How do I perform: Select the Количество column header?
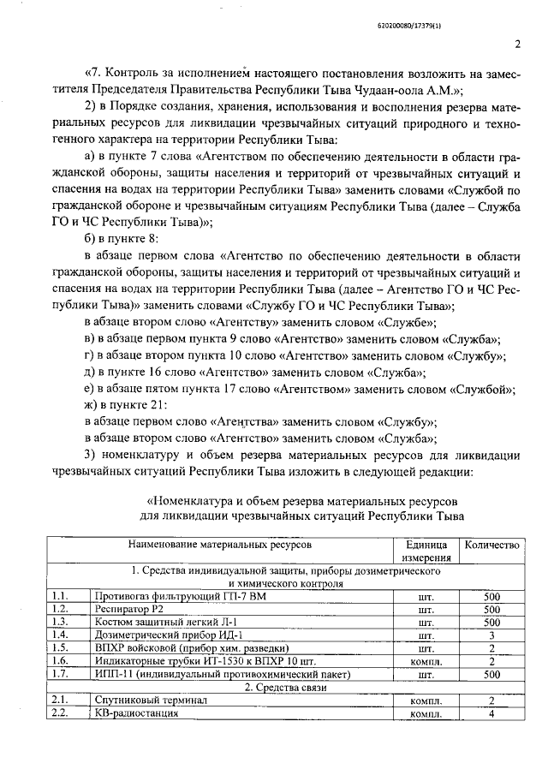click(491, 545)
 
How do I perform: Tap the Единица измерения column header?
click(426, 551)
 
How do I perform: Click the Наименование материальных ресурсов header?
click(220, 545)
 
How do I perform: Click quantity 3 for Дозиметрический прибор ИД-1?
click(491, 635)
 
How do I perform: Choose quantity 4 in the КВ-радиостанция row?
click(491, 713)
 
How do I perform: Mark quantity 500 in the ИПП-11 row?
click(491, 674)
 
